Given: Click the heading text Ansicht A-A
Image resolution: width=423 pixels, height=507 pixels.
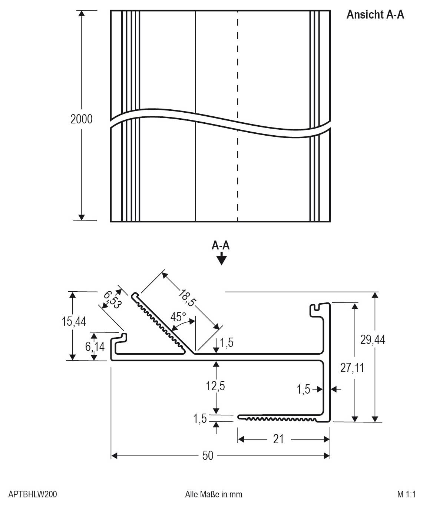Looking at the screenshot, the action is [x=375, y=14].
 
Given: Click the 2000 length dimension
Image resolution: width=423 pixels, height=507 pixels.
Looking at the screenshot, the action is [x=82, y=119].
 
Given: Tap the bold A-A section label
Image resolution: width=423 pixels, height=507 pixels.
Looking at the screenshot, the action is [x=220, y=245].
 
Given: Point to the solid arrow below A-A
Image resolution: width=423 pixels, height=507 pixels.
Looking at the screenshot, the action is [x=221, y=259].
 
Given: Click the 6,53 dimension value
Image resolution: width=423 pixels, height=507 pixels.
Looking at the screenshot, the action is [x=112, y=300].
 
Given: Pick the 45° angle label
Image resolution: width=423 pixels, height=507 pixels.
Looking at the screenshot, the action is [x=178, y=317].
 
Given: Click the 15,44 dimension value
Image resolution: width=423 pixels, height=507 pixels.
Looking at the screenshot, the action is [x=74, y=321].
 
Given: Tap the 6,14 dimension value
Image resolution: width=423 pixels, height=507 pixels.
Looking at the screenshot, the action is [x=95, y=347].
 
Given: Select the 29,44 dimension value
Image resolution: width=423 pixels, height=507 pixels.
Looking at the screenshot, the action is [x=373, y=339].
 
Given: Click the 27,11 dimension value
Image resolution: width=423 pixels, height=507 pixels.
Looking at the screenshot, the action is [x=352, y=368].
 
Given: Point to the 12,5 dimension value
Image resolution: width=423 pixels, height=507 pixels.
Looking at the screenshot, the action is [x=215, y=386].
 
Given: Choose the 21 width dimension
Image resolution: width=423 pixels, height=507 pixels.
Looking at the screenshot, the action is [x=278, y=439].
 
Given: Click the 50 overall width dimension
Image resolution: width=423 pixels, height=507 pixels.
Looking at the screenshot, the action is [x=208, y=456].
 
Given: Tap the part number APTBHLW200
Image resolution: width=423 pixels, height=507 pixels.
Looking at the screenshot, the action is [x=33, y=494].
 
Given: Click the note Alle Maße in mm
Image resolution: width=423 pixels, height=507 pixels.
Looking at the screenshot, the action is [x=214, y=494].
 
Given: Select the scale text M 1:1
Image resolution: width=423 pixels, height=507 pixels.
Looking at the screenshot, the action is [x=406, y=494].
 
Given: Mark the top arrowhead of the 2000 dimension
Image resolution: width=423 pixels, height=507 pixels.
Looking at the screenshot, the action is [x=82, y=14].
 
